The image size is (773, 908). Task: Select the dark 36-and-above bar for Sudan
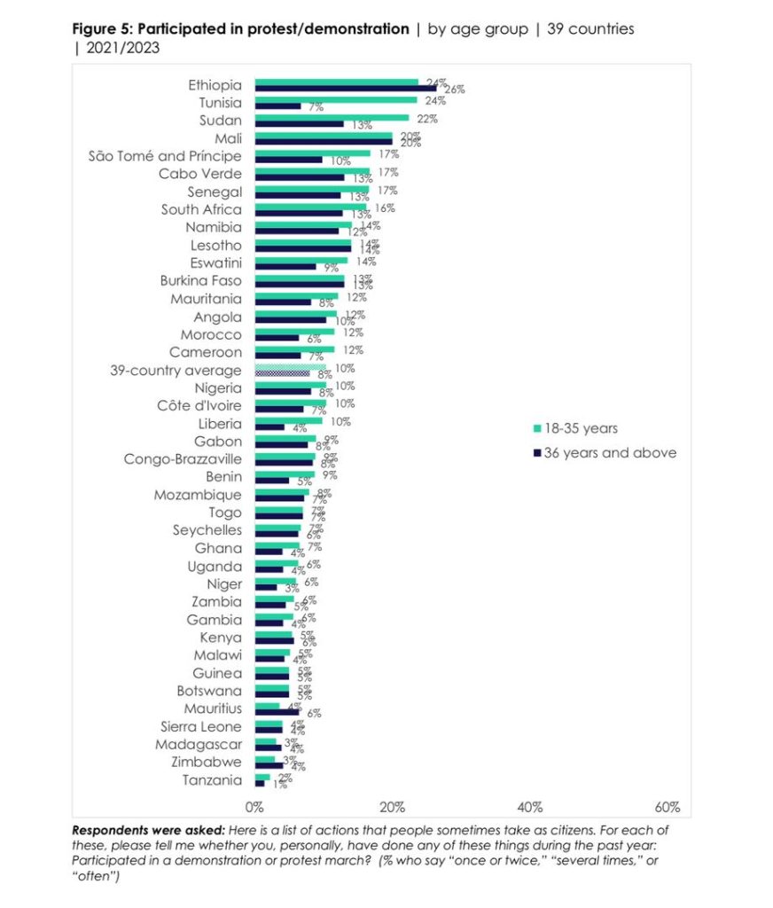(x=299, y=124)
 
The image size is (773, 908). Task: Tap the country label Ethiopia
(x=215, y=85)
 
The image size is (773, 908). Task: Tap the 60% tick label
(x=667, y=807)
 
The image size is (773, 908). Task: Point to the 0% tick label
(x=255, y=807)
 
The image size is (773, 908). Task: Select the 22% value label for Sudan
(x=427, y=119)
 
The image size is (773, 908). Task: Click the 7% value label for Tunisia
(x=316, y=107)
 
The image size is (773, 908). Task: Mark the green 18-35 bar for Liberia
(x=288, y=421)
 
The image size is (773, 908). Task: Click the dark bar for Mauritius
(x=277, y=712)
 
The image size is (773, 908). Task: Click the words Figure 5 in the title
(x=101, y=29)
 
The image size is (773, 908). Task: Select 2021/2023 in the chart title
(x=124, y=48)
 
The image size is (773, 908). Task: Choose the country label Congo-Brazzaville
(x=183, y=459)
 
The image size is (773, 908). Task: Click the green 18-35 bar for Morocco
(x=294, y=332)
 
